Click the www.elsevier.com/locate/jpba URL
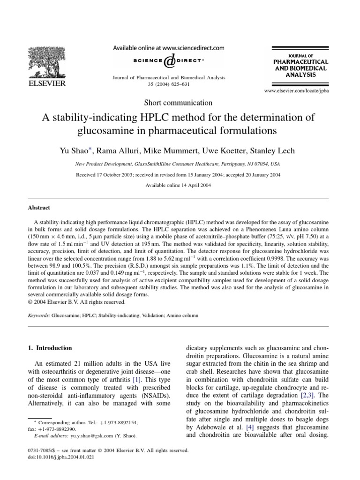pyautogui.click(x=297, y=90)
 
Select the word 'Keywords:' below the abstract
pyautogui.click(x=39, y=317)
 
